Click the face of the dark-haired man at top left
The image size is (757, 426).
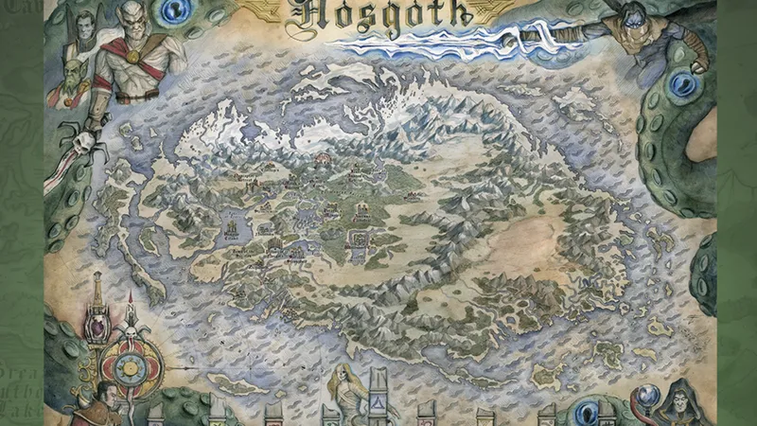tap(86, 25)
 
